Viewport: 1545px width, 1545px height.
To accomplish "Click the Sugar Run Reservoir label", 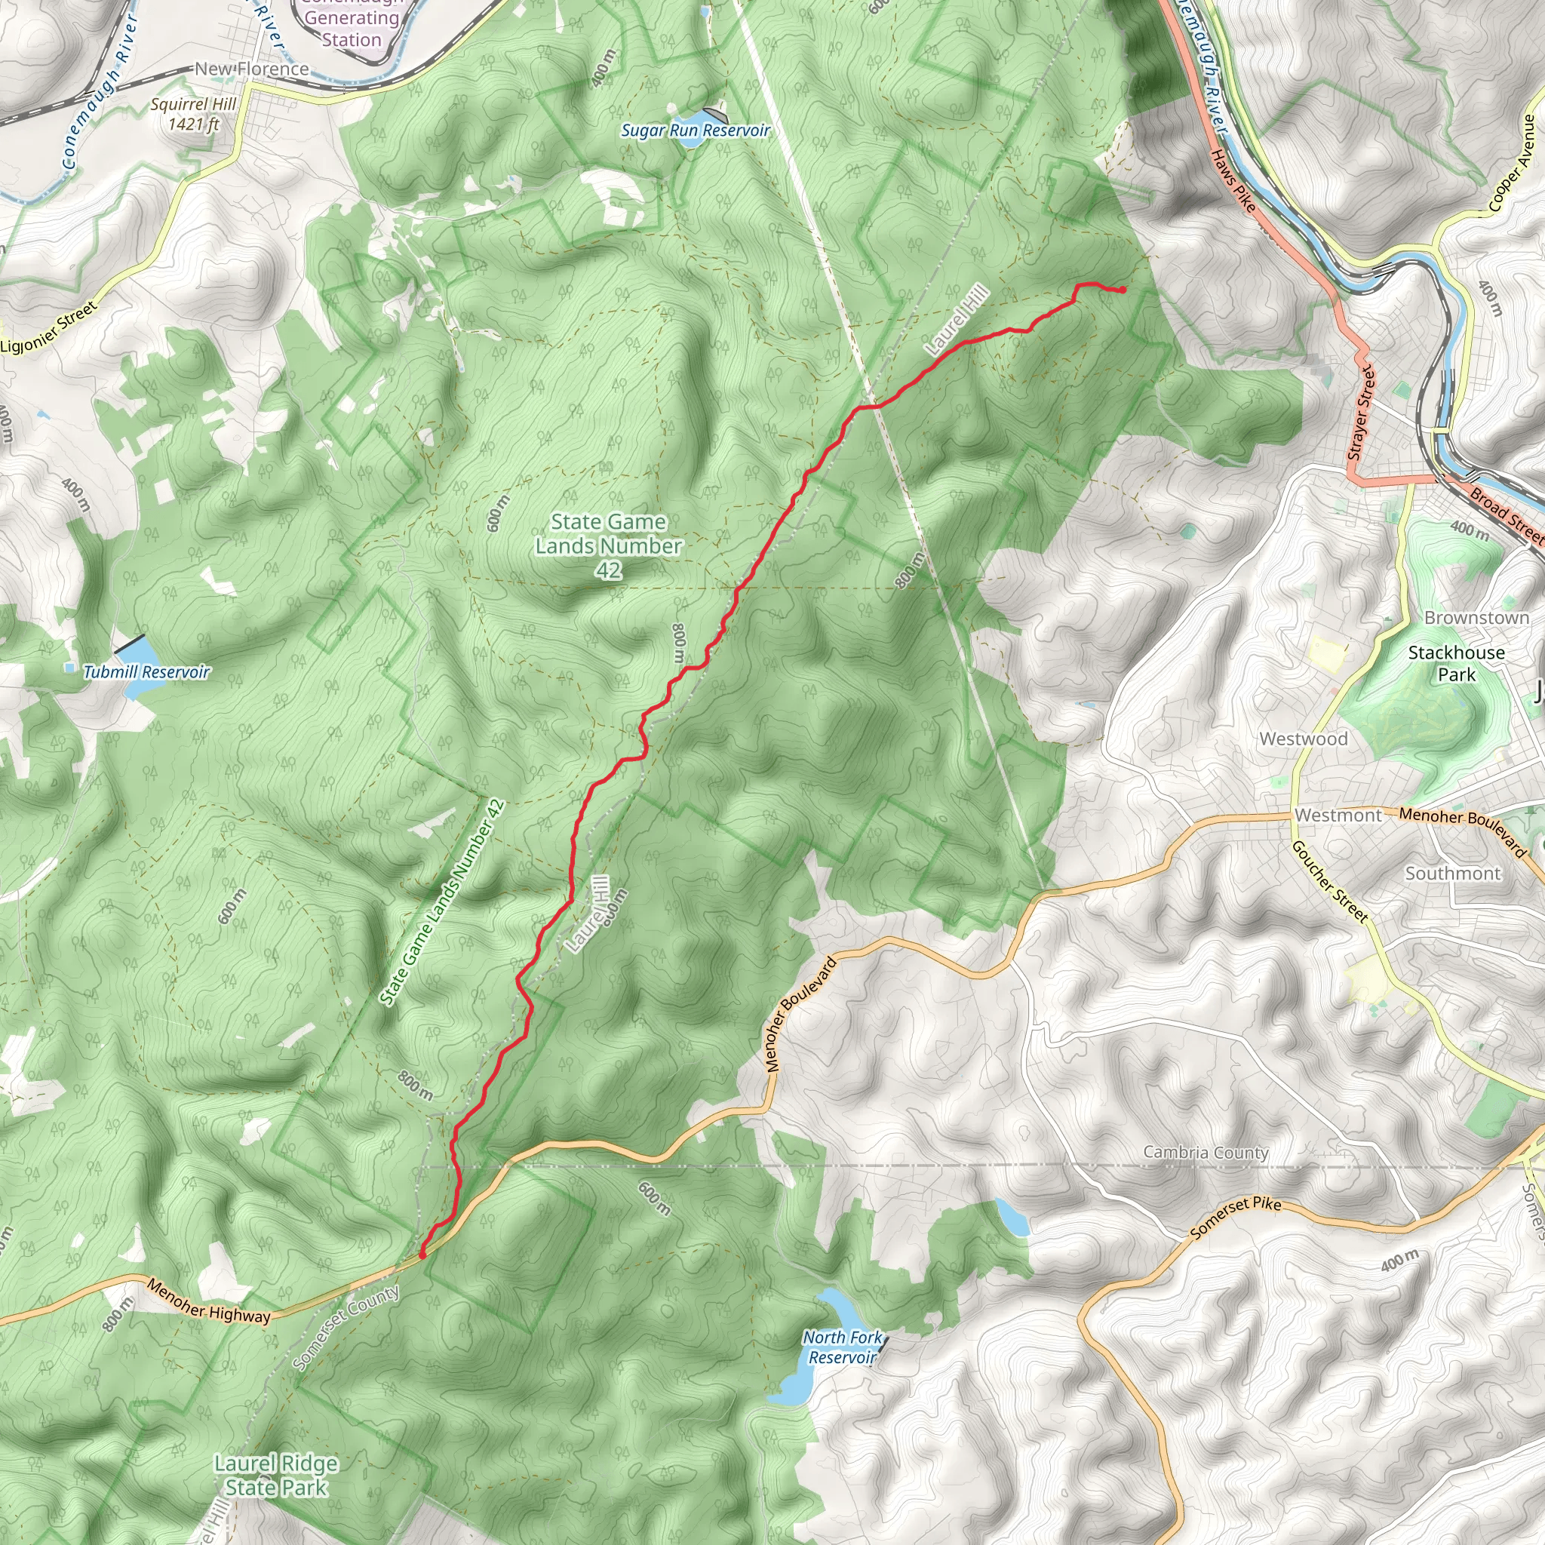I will [695, 131].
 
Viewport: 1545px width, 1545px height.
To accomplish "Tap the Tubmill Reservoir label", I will [146, 671].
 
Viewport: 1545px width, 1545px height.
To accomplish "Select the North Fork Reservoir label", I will [843, 1347].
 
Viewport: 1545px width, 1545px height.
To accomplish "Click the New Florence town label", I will [252, 69].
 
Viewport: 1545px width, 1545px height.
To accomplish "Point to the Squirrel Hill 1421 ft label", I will [194, 114].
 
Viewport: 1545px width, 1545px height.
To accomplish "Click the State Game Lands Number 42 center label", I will [608, 545].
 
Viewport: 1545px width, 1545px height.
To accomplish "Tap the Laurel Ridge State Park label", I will [276, 1476].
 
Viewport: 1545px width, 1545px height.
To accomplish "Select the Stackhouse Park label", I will [1456, 663].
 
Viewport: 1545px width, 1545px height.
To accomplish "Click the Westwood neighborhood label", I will [1304, 739].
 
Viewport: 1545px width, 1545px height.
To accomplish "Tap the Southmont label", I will [1453, 874].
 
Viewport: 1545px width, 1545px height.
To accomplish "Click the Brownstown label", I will [1476, 617].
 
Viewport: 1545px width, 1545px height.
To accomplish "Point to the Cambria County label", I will [1205, 1153].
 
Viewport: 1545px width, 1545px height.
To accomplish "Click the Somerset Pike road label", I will [1235, 1218].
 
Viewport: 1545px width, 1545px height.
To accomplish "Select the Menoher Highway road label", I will [209, 1301].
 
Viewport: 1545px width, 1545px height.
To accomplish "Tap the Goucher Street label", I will [1330, 881].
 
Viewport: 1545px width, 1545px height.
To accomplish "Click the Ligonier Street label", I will [49, 328].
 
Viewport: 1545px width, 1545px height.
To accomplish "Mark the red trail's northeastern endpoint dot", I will [1123, 290].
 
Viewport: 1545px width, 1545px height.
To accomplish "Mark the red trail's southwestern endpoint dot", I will [422, 1255].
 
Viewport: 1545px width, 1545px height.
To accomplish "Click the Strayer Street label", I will [1361, 413].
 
